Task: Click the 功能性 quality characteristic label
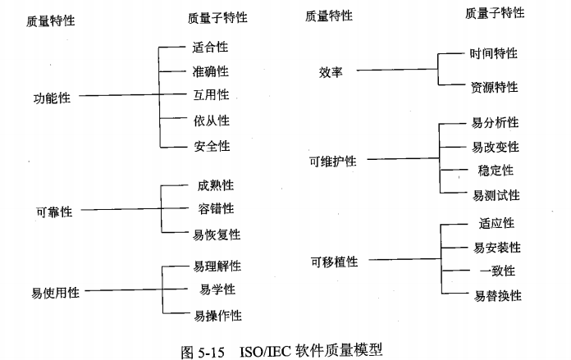(x=52, y=98)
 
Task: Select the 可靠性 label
(x=54, y=212)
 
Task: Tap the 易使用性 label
(x=56, y=292)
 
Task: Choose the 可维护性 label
(x=333, y=161)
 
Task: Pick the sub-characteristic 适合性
(x=211, y=48)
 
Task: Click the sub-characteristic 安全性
(x=212, y=147)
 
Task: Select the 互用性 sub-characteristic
(x=212, y=95)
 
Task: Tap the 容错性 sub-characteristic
(x=217, y=209)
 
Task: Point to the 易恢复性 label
(x=217, y=235)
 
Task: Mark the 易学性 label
(x=217, y=289)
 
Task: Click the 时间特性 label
(x=494, y=53)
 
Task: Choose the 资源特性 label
(x=494, y=86)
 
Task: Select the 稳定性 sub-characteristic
(x=496, y=171)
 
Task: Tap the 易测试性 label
(x=496, y=195)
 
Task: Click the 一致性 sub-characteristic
(x=496, y=271)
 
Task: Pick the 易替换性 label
(x=496, y=295)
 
